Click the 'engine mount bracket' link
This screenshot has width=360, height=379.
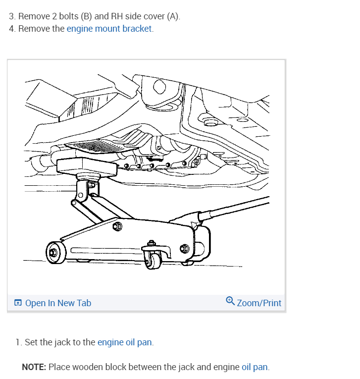coord(109,29)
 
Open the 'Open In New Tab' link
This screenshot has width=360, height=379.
coord(58,303)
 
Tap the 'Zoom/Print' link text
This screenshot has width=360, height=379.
coord(259,303)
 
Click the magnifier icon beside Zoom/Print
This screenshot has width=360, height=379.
coord(230,301)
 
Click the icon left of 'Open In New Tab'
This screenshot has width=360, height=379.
coord(18,303)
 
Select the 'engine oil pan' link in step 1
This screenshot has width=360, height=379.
coord(125,342)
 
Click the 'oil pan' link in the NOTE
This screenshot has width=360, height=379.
coord(255,367)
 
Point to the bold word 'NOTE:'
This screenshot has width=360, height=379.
coord(34,367)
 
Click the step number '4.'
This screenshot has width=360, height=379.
coord(12,29)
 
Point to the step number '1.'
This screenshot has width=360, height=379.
coord(19,342)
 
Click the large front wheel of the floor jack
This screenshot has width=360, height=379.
coord(53,253)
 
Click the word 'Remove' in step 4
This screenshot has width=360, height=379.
coord(34,29)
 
